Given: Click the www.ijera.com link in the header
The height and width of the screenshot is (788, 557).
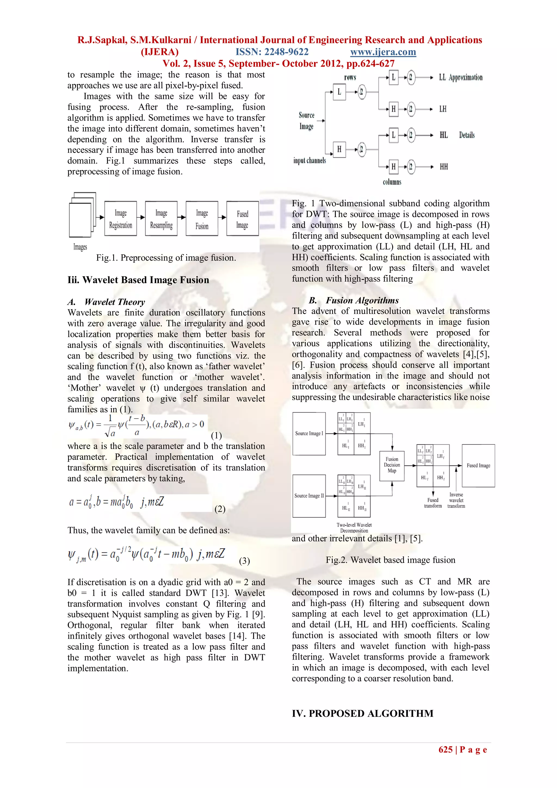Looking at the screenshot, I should [x=383, y=52].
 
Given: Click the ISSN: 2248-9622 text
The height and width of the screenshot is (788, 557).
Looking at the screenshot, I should [x=272, y=52].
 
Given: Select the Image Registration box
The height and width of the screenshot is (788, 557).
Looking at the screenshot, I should [x=120, y=219].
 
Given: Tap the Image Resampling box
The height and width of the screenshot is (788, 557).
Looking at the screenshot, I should [x=161, y=219].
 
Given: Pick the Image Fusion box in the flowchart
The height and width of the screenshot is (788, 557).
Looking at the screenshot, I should [x=202, y=219].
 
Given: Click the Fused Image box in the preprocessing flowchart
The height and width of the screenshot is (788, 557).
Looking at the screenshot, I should [x=242, y=219].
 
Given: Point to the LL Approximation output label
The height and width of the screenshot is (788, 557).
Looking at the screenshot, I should [x=460, y=78].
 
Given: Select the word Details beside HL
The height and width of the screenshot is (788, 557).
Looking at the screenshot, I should [x=467, y=135].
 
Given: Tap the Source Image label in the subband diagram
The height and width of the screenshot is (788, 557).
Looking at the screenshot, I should [x=306, y=120].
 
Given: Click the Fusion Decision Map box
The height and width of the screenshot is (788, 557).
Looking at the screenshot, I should [x=392, y=465].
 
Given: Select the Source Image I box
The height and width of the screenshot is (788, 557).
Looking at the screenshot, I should [x=309, y=434].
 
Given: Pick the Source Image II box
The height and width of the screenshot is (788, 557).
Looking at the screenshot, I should [x=309, y=496].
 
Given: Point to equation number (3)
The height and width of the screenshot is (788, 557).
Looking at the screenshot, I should [x=244, y=561].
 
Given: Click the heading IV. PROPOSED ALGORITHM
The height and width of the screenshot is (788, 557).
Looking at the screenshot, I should [x=363, y=713].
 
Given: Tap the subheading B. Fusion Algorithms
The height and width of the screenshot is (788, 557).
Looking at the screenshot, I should [x=354, y=300].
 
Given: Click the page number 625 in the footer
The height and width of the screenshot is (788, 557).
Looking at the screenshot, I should [x=445, y=750].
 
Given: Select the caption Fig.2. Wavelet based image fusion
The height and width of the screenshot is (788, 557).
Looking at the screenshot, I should [x=390, y=560].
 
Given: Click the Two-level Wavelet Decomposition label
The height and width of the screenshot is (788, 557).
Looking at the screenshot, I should [x=354, y=527].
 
